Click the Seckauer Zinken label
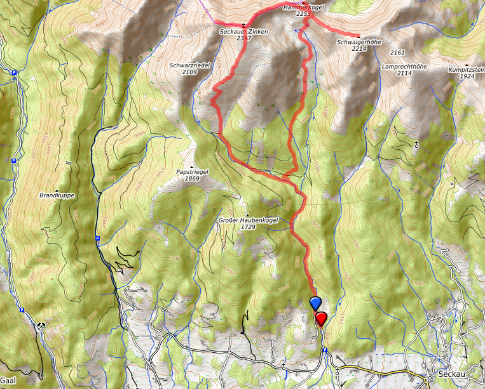243,32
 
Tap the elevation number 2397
244,39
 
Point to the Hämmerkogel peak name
304,6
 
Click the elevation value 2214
359,49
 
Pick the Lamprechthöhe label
404,66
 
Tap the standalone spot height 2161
397,52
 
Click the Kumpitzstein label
467,69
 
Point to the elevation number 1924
467,76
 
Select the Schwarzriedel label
189,65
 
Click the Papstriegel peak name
192,171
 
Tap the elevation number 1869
192,178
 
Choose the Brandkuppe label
57,195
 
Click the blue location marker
315,303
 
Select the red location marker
321,317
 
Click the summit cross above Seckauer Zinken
244,24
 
